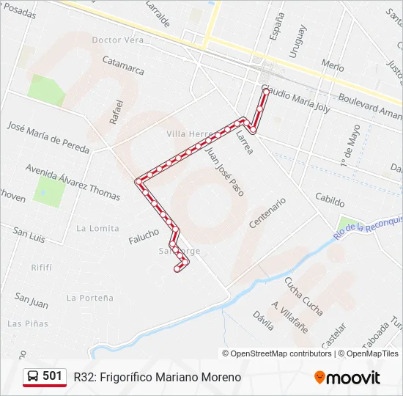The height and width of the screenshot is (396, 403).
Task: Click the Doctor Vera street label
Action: tap(118, 40)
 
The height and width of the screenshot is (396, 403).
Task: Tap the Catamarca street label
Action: tap(123, 65)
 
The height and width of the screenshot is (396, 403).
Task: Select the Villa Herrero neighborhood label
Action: tap(189, 133)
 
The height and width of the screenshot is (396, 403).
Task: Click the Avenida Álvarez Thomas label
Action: tap(73, 182)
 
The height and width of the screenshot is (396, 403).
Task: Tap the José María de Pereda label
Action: tap(48, 136)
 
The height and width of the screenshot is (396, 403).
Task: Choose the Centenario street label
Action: tap(267, 213)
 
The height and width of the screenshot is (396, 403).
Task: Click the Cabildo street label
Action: tap(330, 199)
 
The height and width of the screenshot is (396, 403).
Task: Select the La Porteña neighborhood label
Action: tap(90, 298)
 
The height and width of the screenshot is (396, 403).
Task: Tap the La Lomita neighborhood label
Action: tap(97, 228)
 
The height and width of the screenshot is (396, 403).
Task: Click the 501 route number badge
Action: tap(52, 376)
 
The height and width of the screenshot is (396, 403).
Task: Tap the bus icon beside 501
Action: tap(34, 377)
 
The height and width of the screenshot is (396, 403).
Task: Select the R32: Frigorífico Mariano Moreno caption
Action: tap(158, 377)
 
